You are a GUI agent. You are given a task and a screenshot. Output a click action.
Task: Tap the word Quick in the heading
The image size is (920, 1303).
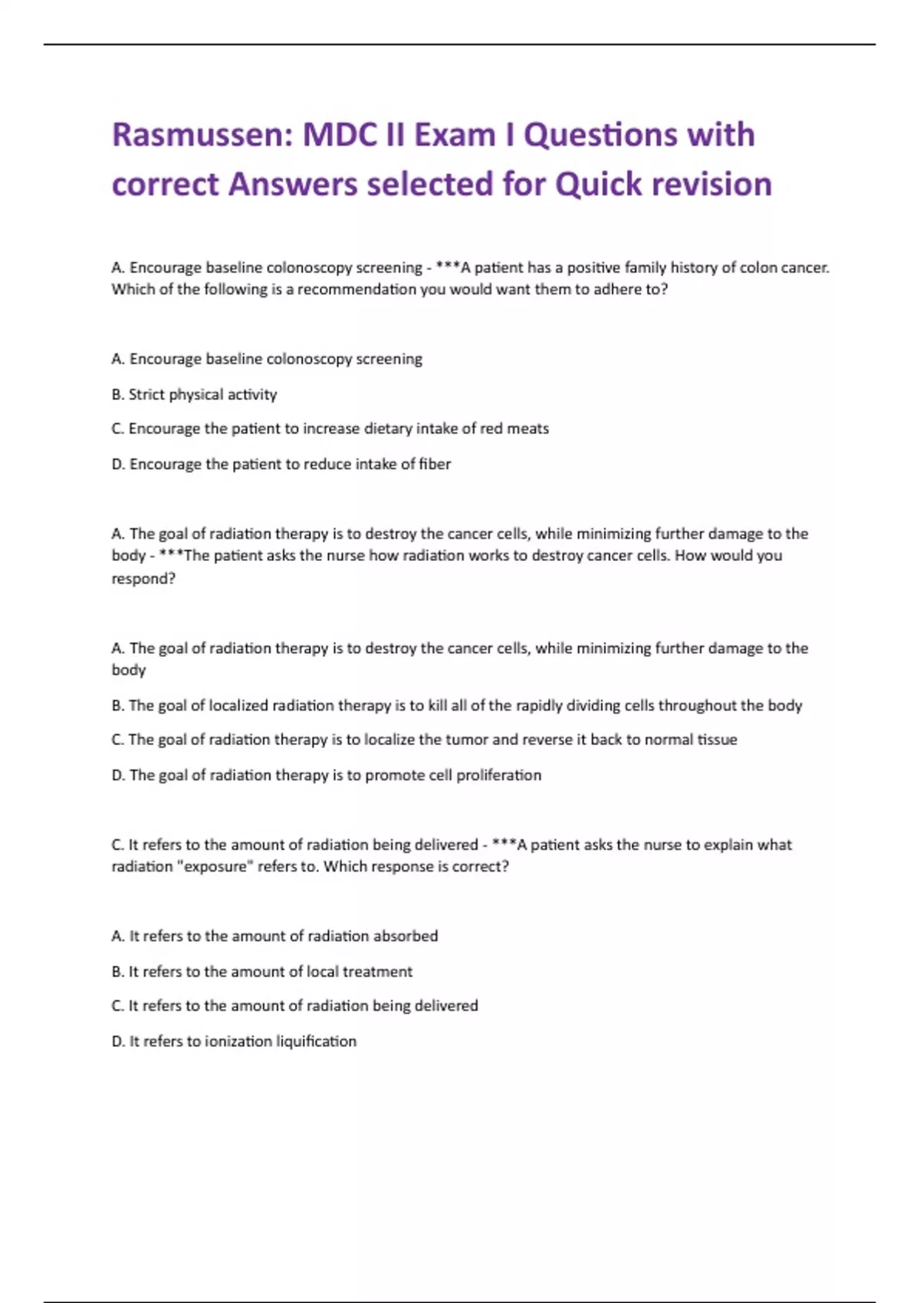coord(598,185)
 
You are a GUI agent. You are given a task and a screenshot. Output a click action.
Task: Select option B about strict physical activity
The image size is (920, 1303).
coord(194,395)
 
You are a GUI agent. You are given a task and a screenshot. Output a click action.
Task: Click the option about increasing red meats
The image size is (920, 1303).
coord(330,429)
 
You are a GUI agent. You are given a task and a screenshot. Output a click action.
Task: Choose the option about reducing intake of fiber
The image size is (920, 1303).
coord(281,464)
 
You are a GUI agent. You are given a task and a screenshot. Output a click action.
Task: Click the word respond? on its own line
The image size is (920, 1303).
coord(143,579)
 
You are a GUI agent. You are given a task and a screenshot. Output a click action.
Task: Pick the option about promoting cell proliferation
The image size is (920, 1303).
coord(326,776)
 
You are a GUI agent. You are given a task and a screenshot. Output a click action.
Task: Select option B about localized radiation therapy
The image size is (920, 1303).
coord(456,706)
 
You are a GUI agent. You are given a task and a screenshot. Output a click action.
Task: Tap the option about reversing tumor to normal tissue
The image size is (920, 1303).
coord(424,740)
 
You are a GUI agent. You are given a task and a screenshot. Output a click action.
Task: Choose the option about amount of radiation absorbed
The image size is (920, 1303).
coord(274,937)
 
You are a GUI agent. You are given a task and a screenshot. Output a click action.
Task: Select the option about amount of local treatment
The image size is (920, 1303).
coord(261,972)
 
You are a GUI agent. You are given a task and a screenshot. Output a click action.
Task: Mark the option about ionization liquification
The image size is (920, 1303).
coord(234,1042)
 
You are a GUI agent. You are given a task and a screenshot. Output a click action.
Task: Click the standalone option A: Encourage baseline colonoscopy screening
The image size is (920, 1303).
coord(267,359)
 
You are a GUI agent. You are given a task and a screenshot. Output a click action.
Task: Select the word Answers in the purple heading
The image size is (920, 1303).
coord(293,185)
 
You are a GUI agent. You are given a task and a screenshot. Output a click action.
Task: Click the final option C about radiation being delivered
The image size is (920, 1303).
coord(294,1006)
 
